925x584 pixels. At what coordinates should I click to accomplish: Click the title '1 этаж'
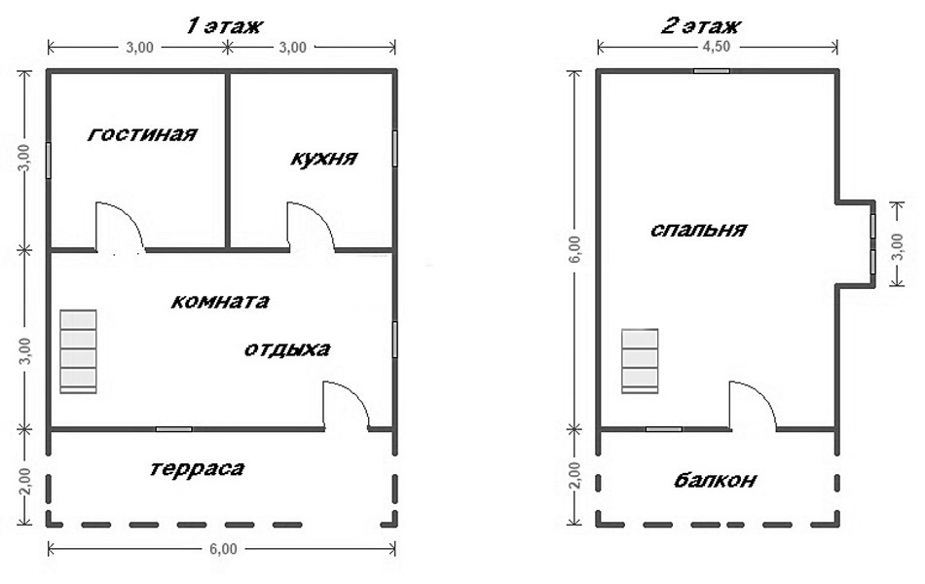(224, 26)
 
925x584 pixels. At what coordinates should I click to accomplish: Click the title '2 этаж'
(700, 26)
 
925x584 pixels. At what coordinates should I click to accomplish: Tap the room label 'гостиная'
(142, 134)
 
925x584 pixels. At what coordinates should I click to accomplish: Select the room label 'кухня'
(324, 159)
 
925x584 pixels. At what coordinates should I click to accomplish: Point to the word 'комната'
(220, 302)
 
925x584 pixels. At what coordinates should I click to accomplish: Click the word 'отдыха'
(287, 349)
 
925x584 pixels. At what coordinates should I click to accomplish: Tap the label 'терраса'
(197, 469)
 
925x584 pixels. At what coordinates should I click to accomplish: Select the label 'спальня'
(698, 230)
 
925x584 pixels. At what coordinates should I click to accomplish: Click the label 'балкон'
(715, 480)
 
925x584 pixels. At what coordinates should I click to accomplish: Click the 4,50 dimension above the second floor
(717, 47)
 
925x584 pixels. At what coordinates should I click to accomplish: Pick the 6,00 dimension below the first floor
(223, 549)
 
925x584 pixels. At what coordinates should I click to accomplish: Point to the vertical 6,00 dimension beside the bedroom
(575, 250)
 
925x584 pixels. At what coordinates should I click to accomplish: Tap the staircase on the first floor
(79, 351)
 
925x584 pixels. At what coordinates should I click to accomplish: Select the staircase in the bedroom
(640, 361)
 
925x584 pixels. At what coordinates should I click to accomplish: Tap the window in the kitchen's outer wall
(394, 149)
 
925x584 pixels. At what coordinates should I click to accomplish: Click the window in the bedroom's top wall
(712, 71)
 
